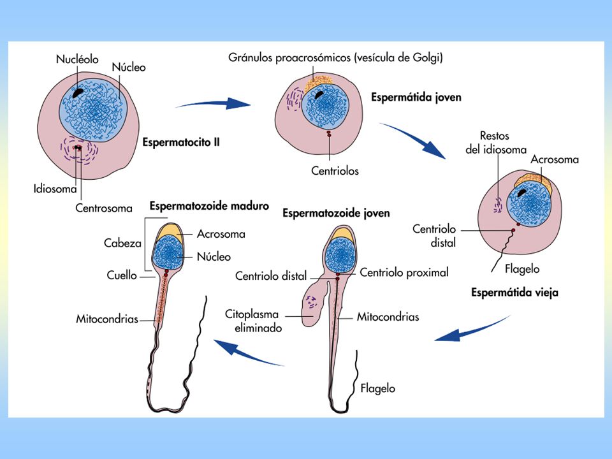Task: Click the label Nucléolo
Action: pos(77,59)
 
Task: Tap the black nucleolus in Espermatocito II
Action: pos(78,92)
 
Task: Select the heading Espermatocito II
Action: pos(181,142)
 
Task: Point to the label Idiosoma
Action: pos(55,189)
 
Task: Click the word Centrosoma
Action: pos(104,208)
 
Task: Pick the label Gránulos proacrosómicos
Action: pos(289,58)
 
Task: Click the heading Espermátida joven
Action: pos(416,97)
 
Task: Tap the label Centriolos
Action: pos(335,171)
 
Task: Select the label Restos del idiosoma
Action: pos(496,142)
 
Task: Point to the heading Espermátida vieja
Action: pos(514,293)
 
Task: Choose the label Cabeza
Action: pos(122,243)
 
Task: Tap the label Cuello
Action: pos(122,275)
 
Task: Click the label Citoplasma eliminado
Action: pos(253,321)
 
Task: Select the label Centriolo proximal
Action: pos(404,272)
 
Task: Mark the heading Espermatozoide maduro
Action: pos(209,206)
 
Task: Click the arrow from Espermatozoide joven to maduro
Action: pos(249,353)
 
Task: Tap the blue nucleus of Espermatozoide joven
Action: pos(340,256)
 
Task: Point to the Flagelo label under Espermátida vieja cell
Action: pos(522,269)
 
